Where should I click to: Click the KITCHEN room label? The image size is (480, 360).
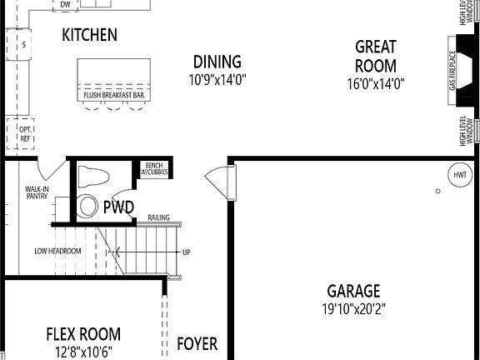pyautogui.click(x=89, y=35)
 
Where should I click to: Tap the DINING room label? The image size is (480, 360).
pyautogui.click(x=217, y=62)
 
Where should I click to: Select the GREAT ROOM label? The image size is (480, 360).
pyautogui.click(x=375, y=56)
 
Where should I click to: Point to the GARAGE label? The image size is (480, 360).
pyautogui.click(x=353, y=291)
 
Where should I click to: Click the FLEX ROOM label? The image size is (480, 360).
pyautogui.click(x=82, y=334)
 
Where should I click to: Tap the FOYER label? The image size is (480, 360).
pyautogui.click(x=197, y=343)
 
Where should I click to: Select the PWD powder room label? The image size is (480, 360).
pyautogui.click(x=119, y=207)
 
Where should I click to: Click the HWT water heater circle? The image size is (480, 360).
pyautogui.click(x=459, y=175)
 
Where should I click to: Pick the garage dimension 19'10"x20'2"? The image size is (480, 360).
pyautogui.click(x=353, y=308)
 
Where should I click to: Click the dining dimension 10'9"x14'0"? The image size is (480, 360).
pyautogui.click(x=217, y=80)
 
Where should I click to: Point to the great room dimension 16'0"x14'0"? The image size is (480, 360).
pyautogui.click(x=375, y=83)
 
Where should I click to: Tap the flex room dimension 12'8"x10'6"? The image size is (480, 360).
pyautogui.click(x=82, y=351)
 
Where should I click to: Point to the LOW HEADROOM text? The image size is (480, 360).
pyautogui.click(x=57, y=251)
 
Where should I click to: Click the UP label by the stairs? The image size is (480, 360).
pyautogui.click(x=186, y=252)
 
